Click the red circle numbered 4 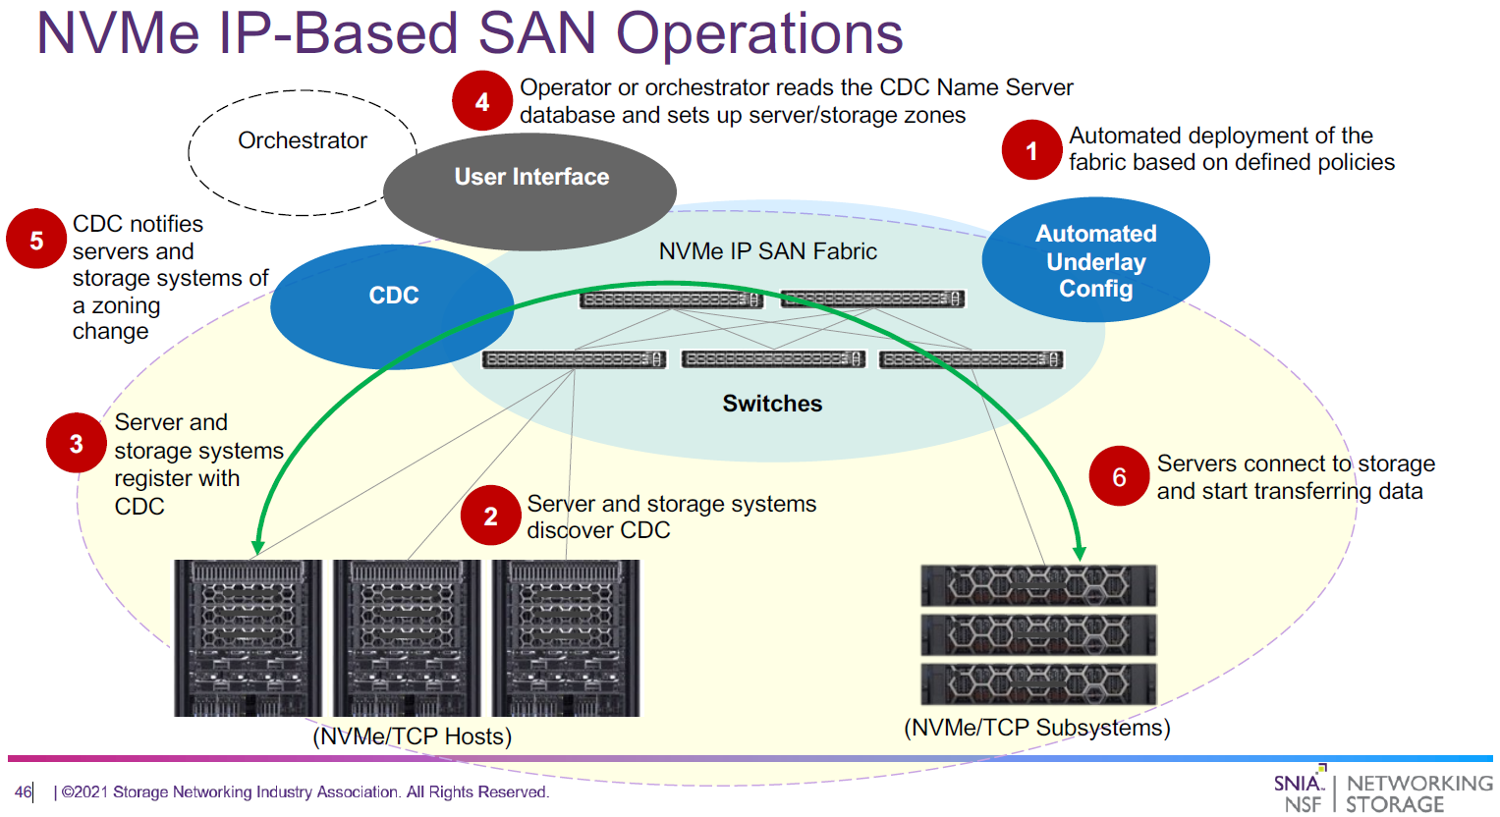click(x=481, y=101)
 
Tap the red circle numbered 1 click(x=1031, y=150)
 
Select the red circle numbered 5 click(x=36, y=240)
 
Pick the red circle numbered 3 click(x=76, y=444)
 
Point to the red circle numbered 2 click(x=490, y=516)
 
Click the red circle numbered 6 click(x=1118, y=476)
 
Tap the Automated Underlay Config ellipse click(x=1095, y=260)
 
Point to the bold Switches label click(x=772, y=404)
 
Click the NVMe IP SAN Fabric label click(x=767, y=251)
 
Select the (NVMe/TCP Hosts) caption click(x=412, y=736)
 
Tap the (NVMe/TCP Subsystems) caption click(x=1036, y=728)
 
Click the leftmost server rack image click(x=248, y=638)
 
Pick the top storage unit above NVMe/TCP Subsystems click(x=1038, y=586)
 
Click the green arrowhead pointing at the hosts click(x=258, y=546)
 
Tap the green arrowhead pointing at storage click(x=1079, y=553)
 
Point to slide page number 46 click(x=23, y=792)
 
